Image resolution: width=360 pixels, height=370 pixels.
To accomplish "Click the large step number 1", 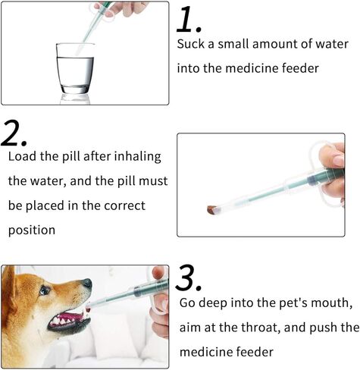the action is (x=189, y=20).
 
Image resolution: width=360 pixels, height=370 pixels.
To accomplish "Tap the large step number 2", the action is (x=14, y=133).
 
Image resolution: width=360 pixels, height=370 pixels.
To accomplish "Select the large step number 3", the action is (x=189, y=277).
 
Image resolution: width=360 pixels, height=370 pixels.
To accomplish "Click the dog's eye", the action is (x=45, y=290).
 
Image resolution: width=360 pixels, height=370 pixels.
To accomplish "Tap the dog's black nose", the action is (x=86, y=284).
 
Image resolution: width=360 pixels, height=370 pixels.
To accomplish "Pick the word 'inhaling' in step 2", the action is (x=137, y=157).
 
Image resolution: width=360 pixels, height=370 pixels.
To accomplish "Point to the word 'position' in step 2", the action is (x=32, y=230).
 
